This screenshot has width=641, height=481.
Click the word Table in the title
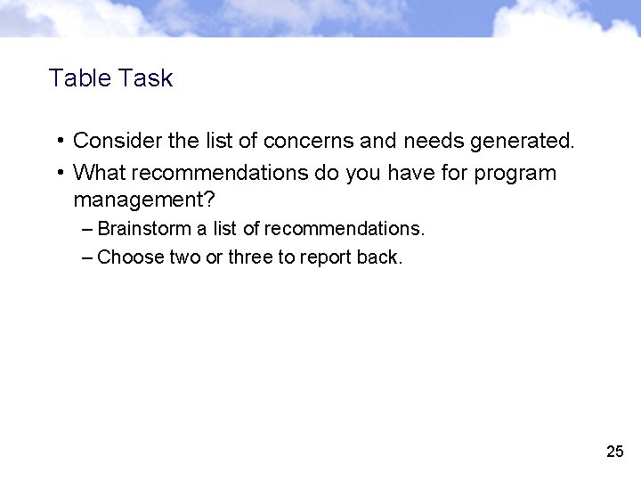click(x=77, y=78)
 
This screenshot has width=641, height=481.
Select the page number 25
click(x=614, y=452)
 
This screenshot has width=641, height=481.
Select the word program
click(x=515, y=173)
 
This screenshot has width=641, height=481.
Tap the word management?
click(x=144, y=198)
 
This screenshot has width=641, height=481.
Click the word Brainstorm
click(x=144, y=229)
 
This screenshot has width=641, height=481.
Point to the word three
click(x=250, y=258)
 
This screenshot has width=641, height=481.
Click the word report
click(x=324, y=258)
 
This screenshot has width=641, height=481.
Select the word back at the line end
click(x=380, y=258)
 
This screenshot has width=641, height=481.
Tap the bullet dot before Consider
click(x=56, y=141)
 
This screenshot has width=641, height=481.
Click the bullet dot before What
click(x=56, y=172)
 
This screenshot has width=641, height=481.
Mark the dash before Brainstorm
click(x=85, y=229)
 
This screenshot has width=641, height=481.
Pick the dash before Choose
click(x=85, y=258)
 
